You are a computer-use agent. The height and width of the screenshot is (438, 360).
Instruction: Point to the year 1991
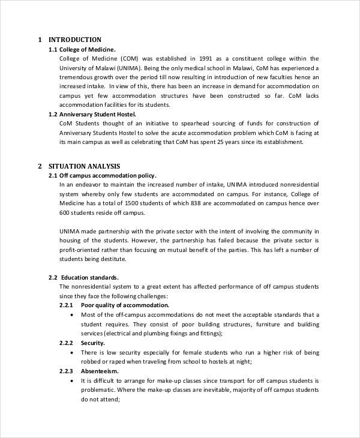pyautogui.click(x=205, y=58)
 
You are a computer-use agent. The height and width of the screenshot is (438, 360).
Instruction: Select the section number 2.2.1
pyautogui.click(x=66, y=305)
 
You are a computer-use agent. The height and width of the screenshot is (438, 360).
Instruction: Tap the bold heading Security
pyautogui.click(x=92, y=343)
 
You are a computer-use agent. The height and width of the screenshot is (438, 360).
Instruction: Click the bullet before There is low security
pyautogui.click(x=72, y=353)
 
